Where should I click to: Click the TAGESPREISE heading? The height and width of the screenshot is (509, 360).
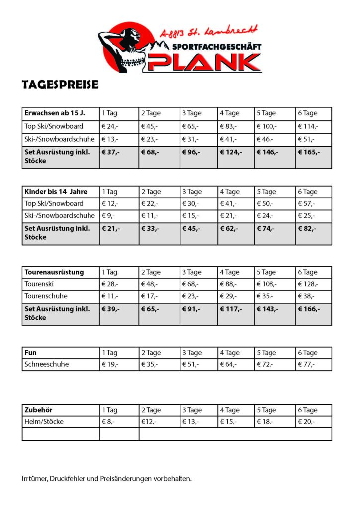click(x=60, y=85)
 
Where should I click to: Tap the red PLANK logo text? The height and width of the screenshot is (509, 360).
click(x=204, y=62)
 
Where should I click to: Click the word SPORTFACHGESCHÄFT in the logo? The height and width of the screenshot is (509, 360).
click(x=216, y=47)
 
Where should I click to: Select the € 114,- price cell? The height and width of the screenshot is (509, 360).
click(x=308, y=126)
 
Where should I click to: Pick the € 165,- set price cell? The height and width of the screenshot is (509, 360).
click(x=309, y=152)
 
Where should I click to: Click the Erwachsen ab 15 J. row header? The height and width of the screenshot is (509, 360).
click(x=55, y=113)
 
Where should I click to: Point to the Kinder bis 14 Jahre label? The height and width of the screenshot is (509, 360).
click(x=56, y=192)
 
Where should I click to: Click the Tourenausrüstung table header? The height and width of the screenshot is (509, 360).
click(x=54, y=272)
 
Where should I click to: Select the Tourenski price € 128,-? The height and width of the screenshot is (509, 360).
click(x=308, y=284)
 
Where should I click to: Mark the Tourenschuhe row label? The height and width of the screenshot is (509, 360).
click(x=46, y=296)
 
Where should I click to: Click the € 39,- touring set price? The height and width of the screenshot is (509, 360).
click(x=111, y=309)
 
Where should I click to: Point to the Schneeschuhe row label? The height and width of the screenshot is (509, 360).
click(x=47, y=364)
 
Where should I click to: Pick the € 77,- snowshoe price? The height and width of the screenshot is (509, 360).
click(x=307, y=364)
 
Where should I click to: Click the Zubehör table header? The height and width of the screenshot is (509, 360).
click(x=38, y=410)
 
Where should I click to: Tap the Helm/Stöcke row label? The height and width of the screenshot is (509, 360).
click(x=44, y=422)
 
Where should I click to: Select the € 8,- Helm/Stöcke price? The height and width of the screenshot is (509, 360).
click(x=108, y=422)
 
